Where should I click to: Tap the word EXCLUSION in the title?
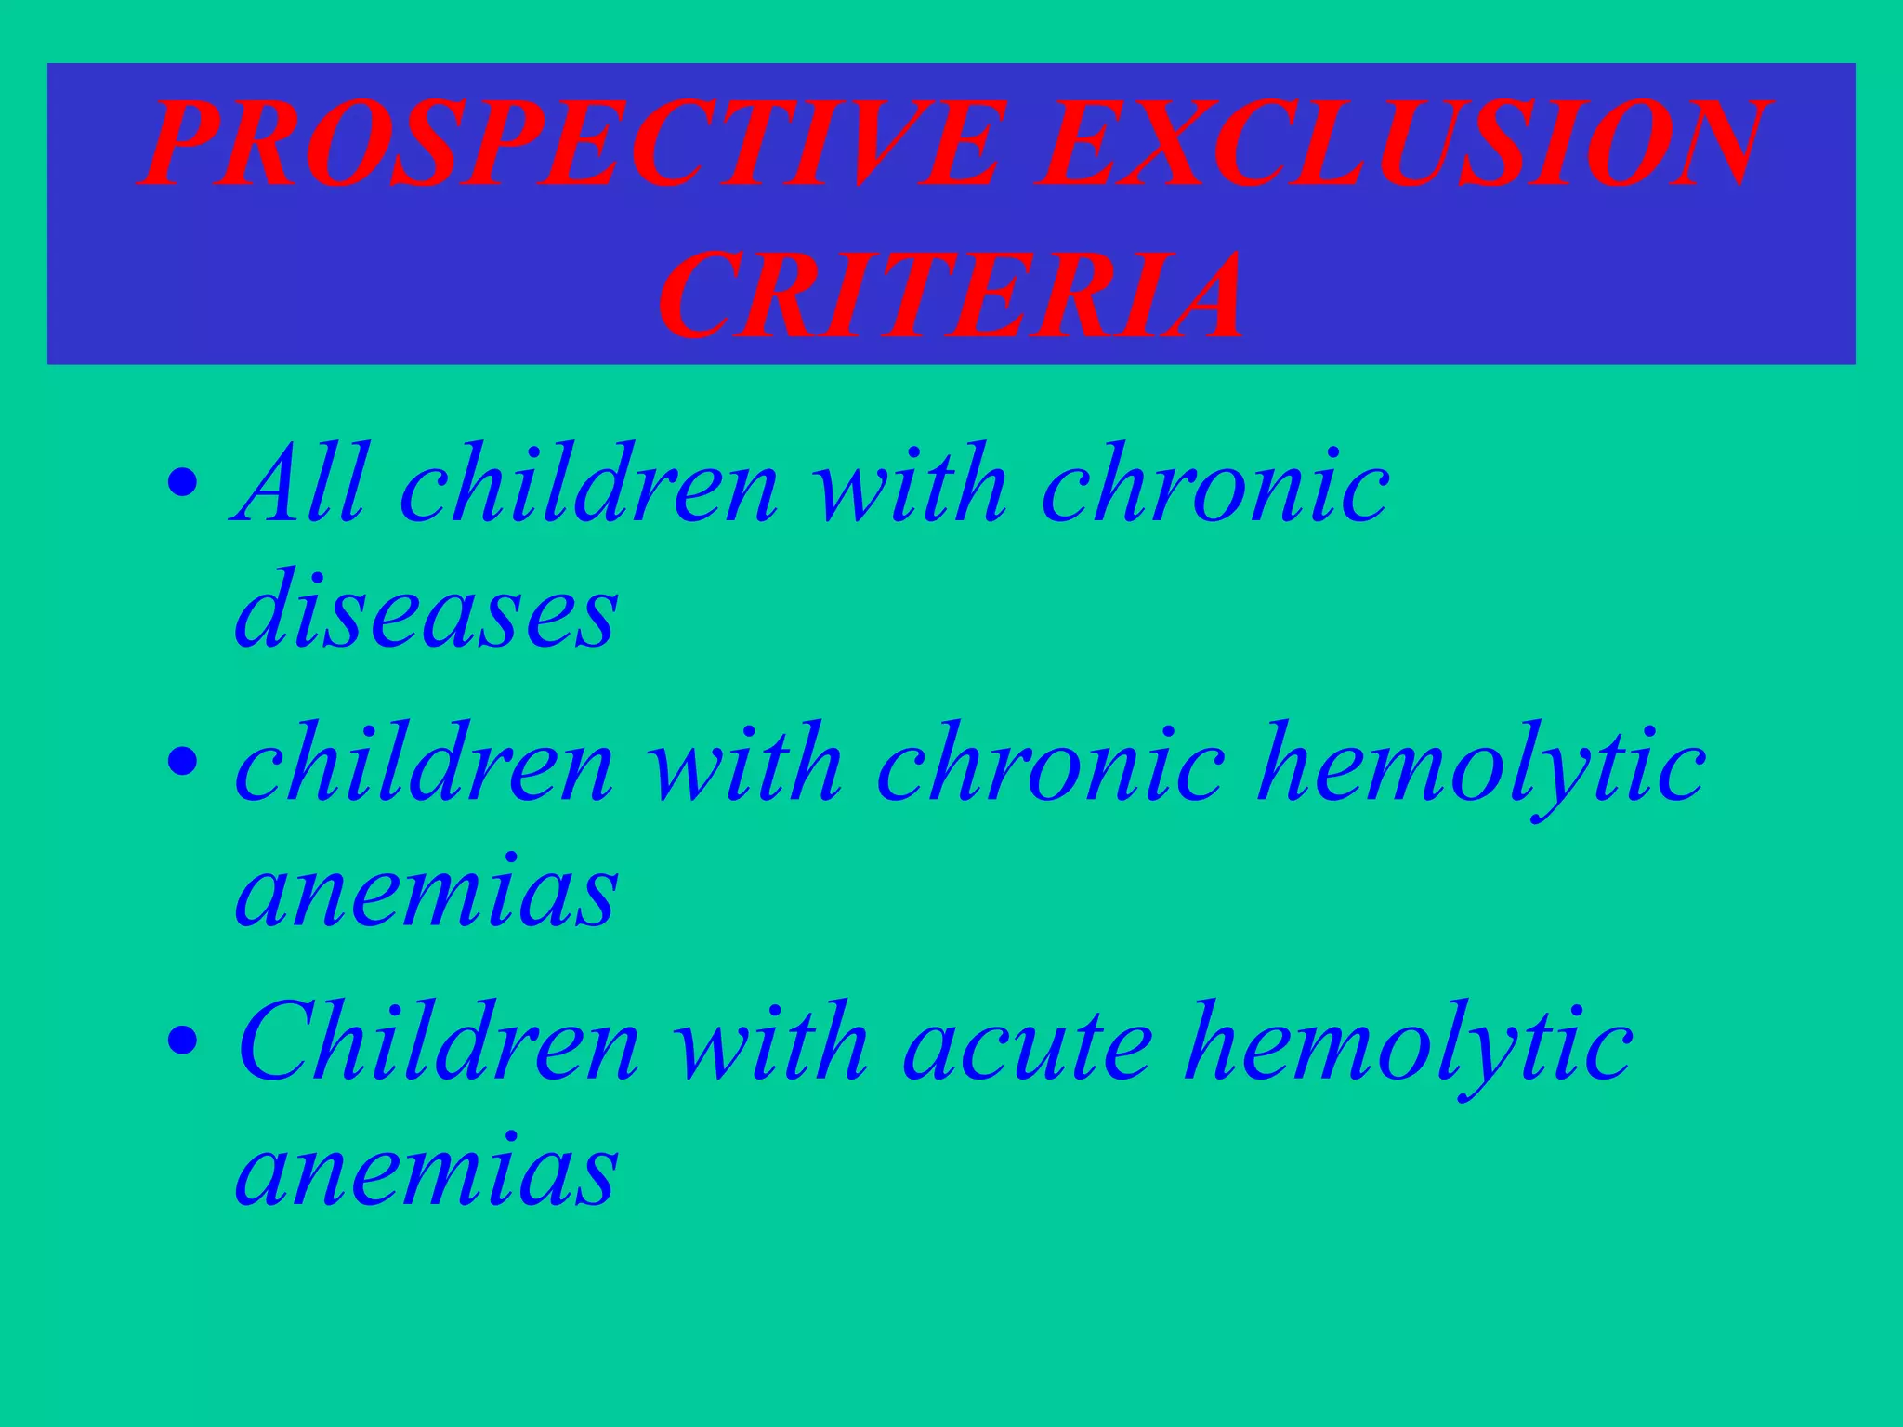pos(1403,144)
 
